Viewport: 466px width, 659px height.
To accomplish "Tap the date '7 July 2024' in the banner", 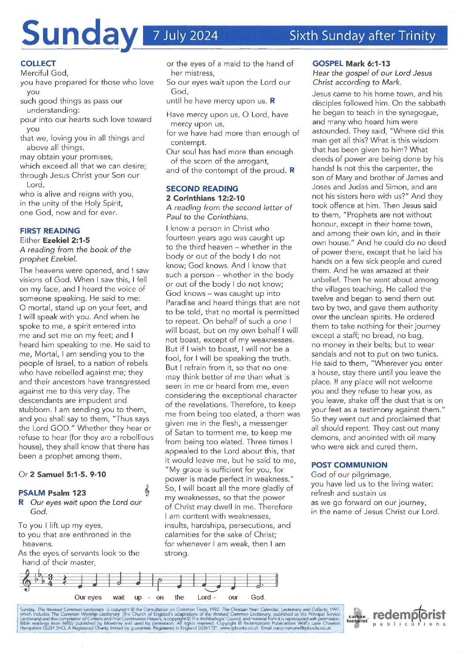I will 185,36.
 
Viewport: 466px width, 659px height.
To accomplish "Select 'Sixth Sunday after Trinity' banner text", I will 362,36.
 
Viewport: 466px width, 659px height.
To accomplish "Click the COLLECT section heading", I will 38,63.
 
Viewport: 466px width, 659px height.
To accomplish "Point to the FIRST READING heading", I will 50,231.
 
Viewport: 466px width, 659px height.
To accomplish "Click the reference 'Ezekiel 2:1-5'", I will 66,240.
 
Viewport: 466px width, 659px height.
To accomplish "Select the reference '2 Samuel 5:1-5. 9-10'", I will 68,474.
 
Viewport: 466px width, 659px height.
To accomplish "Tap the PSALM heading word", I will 32,493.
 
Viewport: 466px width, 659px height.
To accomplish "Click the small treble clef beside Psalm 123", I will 147,490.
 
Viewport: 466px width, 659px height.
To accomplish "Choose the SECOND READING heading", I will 202,188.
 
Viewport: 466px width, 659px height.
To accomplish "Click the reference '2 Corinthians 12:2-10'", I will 205,198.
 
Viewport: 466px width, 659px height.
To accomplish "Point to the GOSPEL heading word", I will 328,63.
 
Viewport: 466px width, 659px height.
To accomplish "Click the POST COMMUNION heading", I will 349,465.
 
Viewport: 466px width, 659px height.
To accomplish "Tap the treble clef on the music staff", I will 27,581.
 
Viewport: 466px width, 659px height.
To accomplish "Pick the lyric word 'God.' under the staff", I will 258,597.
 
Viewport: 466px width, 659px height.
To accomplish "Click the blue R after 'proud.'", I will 292,170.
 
